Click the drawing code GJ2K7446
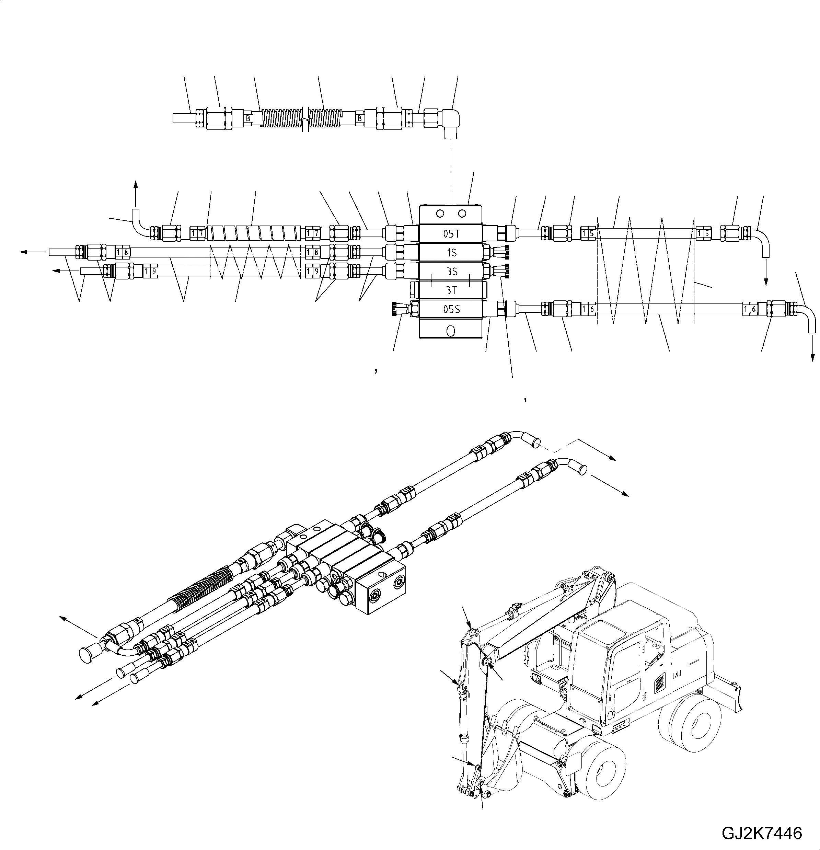tap(761, 832)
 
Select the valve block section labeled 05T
tap(451, 234)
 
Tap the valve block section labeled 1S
tap(451, 252)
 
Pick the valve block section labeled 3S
tap(451, 271)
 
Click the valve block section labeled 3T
tap(451, 290)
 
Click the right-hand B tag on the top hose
tap(359, 118)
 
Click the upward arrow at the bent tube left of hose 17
tap(135, 191)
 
